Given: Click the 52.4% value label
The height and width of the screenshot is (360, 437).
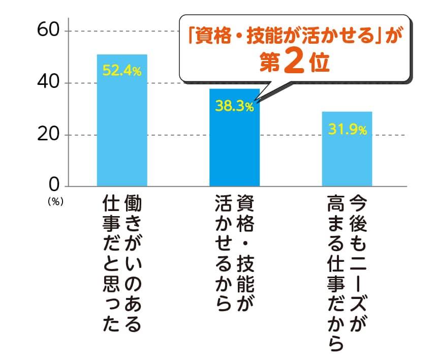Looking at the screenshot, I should click(x=122, y=71).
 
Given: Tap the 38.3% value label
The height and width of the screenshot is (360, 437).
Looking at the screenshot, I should click(x=234, y=106).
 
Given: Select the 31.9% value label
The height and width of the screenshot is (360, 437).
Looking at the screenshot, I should click(x=347, y=129).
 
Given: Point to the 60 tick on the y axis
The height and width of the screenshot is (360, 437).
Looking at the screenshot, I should click(x=49, y=31).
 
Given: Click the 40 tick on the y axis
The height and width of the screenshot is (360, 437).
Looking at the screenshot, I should click(x=49, y=82).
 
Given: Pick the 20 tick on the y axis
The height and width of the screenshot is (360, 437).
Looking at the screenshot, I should click(x=49, y=135).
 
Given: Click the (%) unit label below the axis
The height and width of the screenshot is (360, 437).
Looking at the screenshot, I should click(x=54, y=201).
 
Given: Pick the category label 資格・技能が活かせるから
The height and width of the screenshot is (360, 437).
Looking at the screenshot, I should click(x=234, y=252).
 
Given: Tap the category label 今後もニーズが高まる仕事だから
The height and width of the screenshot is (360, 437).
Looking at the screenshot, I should click(x=347, y=272).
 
